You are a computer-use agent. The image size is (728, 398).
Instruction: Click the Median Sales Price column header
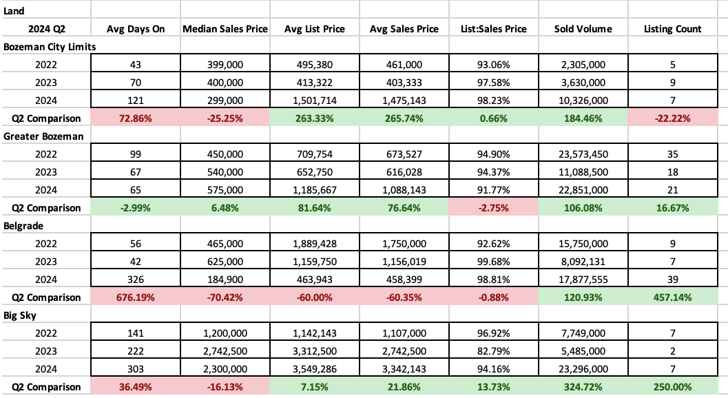(225, 29)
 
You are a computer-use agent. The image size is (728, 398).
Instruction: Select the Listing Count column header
(673, 29)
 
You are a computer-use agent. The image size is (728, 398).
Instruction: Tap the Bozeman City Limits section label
(50, 46)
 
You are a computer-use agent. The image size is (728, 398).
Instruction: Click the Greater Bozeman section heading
(44, 136)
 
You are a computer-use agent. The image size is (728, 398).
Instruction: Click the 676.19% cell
(135, 297)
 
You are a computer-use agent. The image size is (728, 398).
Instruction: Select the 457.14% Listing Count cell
(673, 297)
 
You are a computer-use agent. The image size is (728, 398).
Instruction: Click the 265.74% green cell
(404, 118)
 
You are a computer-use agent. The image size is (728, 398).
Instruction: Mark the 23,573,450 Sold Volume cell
(583, 154)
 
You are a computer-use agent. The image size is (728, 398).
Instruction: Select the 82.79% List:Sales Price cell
(494, 351)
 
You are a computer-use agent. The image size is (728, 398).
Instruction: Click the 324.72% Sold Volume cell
(583, 387)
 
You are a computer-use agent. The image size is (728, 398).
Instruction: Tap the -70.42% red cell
(225, 297)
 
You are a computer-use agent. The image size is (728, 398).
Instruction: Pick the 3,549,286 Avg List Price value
(315, 369)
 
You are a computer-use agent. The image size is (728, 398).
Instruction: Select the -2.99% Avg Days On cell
(135, 208)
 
